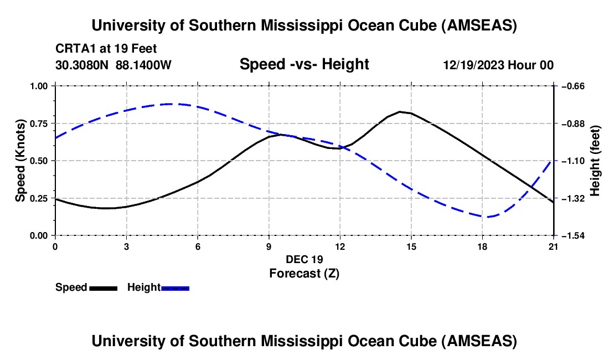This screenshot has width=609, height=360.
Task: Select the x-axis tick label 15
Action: pos(411,246)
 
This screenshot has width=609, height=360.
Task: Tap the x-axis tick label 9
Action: pos(269,246)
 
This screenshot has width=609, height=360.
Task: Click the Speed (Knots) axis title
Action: pos(20,161)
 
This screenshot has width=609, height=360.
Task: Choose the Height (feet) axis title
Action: pos(595,161)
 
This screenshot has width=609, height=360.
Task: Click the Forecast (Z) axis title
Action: pos(304,273)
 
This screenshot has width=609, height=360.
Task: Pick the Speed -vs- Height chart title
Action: pos(304,64)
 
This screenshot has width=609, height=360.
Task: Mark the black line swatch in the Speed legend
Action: pos(103,287)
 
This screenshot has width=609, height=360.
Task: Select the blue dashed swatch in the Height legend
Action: pos(175,287)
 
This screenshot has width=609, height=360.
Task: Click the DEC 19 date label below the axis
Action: pos(304,259)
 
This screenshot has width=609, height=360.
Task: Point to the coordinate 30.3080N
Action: pos(84,65)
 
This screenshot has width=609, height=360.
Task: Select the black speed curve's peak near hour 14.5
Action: pos(400,111)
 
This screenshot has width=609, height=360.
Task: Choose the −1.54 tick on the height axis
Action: pos(571,235)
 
